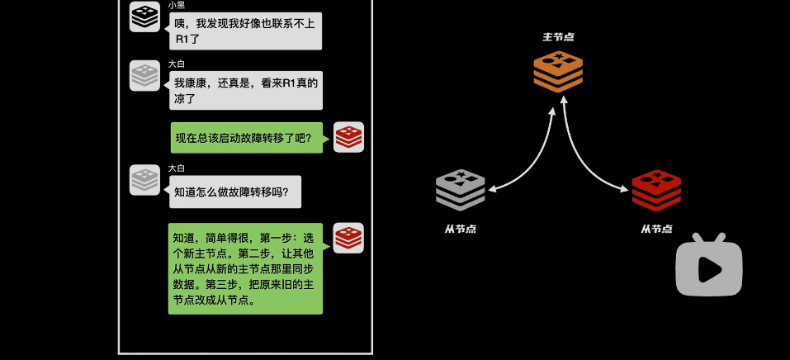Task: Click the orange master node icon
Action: point(558,71)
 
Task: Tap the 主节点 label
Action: point(558,37)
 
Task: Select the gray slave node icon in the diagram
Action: point(460,191)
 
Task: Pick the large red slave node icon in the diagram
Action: point(656,191)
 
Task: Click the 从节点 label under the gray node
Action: point(460,229)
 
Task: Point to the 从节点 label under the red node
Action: point(656,229)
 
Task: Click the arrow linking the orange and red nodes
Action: point(588,162)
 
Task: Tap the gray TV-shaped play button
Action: point(709,266)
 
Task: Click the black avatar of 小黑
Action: point(144,17)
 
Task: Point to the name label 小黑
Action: point(177,5)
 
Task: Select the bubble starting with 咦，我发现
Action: point(245,31)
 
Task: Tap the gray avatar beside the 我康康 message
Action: point(144,75)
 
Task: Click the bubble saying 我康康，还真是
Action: point(245,90)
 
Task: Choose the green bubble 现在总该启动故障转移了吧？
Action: point(246,138)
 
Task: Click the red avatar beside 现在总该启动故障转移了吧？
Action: point(348,137)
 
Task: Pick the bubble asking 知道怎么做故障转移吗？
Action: point(235,192)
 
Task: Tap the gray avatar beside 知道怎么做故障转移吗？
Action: point(144,179)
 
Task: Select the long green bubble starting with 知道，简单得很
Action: point(245,268)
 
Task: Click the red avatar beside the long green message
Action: point(348,238)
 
